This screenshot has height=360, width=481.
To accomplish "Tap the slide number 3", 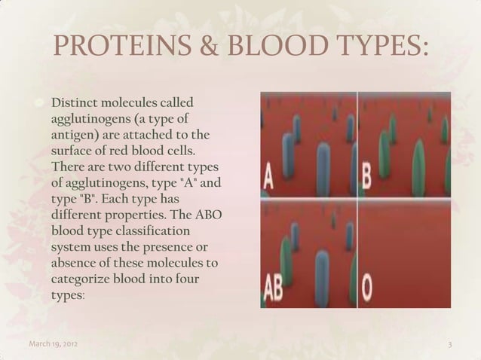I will click(449, 346).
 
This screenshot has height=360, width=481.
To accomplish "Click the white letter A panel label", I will click(268, 179).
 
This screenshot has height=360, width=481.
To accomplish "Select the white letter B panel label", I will click(366, 179).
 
